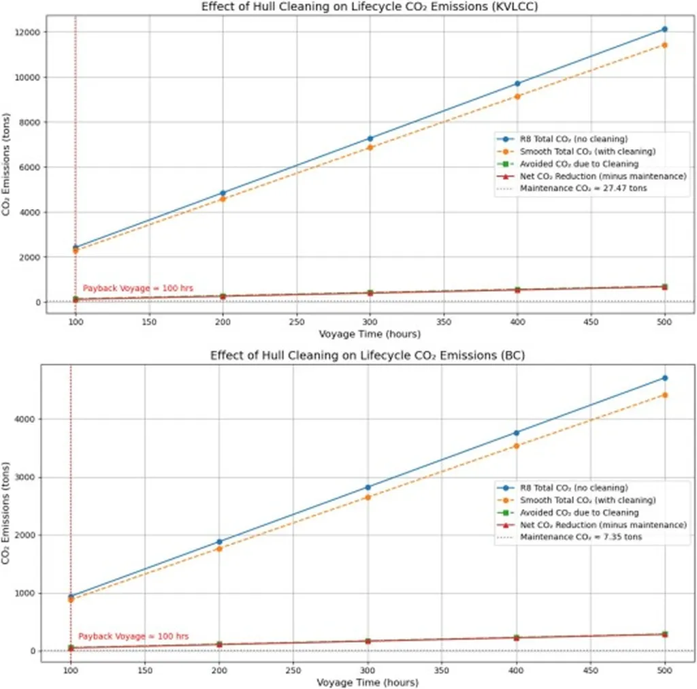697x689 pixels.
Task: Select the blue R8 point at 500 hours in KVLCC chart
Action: tap(664, 29)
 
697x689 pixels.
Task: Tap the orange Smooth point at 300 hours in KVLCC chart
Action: tap(370, 147)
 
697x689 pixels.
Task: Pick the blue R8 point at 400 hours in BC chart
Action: tap(517, 432)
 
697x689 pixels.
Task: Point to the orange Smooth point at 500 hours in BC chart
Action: tap(664, 395)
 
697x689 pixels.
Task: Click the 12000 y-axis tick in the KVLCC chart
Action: tap(28, 32)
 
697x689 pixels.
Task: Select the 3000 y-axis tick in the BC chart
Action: tap(28, 477)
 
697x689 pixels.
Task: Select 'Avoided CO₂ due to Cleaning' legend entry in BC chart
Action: tap(579, 512)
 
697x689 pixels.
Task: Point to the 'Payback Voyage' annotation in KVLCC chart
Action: tap(137, 289)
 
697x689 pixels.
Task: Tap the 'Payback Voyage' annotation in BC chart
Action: tap(133, 637)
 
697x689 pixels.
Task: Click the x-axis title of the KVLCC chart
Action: tap(370, 334)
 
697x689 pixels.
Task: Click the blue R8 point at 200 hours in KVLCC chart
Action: tap(223, 193)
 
